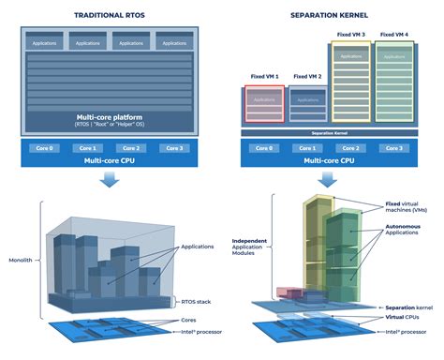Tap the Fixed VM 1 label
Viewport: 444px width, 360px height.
pos(263,76)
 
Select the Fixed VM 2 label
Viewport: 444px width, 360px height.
pos(307,76)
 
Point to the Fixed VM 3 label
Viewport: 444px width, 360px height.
pos(349,35)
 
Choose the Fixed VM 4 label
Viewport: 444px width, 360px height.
pos(393,35)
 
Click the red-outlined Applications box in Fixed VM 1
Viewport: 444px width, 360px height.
pos(263,98)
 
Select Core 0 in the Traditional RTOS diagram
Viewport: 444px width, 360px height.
pos(42,148)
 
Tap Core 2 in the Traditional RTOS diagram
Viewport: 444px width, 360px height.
pos(130,148)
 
